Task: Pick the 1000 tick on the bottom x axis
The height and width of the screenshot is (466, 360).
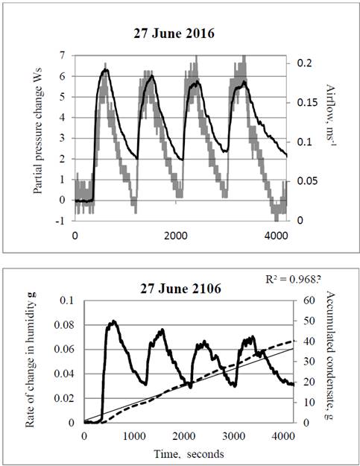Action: tap(134, 436)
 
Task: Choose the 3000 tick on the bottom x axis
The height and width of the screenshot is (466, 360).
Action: tap(234, 436)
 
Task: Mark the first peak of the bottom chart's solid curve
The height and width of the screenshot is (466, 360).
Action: tap(113, 321)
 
